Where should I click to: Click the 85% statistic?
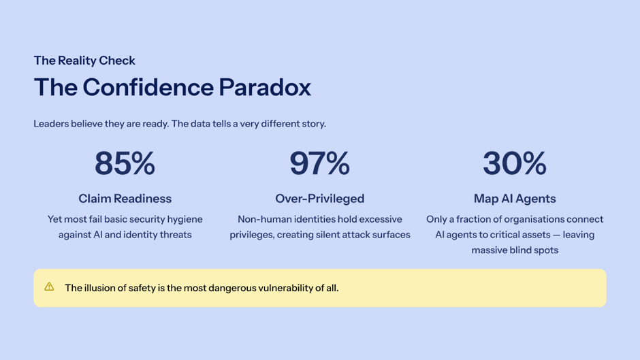coord(125,163)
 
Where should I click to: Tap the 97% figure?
coord(319,163)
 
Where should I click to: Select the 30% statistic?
coord(515,163)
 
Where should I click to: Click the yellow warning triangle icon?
coord(49,287)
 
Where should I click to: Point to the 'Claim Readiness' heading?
coord(125,198)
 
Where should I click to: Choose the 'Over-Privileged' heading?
coord(319,198)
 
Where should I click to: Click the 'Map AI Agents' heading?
coord(515,198)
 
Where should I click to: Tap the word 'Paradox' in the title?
coord(265,87)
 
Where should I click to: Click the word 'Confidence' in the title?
coord(148,87)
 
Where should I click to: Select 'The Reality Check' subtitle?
coord(84,61)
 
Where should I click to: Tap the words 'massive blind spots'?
coord(515,250)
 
